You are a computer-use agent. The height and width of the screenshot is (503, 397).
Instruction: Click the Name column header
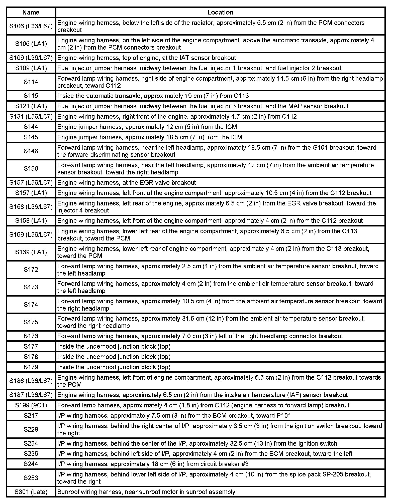tap(31, 12)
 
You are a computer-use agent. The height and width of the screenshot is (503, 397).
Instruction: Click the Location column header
tap(220, 12)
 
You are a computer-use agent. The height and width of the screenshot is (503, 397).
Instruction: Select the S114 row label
tap(31, 82)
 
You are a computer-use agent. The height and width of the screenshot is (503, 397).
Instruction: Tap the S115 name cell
tap(31, 96)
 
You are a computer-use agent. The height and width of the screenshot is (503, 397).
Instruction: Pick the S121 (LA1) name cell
tap(31, 106)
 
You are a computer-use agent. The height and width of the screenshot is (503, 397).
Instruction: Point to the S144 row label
tap(31, 127)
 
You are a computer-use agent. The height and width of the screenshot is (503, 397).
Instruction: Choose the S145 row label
tap(31, 137)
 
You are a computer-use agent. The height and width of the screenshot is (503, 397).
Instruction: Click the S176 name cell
tap(31, 336)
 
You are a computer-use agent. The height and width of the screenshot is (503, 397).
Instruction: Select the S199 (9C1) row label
tap(31, 405)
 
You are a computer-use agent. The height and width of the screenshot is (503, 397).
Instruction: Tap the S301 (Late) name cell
tap(31, 492)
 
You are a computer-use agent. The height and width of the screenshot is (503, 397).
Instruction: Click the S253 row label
tap(31, 478)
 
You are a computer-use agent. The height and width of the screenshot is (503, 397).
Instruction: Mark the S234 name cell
tap(31, 443)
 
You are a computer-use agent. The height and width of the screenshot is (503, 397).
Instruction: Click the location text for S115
tap(153, 96)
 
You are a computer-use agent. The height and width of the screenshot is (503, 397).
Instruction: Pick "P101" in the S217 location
tap(284, 416)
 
